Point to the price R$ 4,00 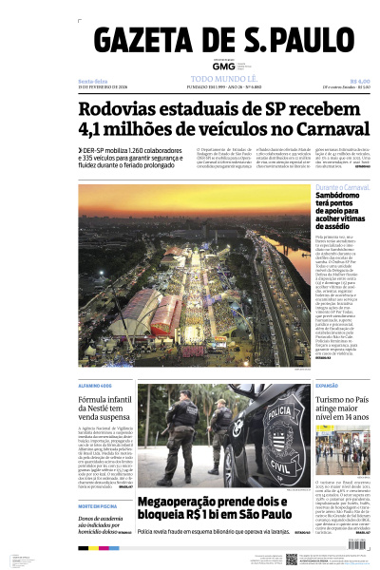pyautogui.click(x=359, y=81)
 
